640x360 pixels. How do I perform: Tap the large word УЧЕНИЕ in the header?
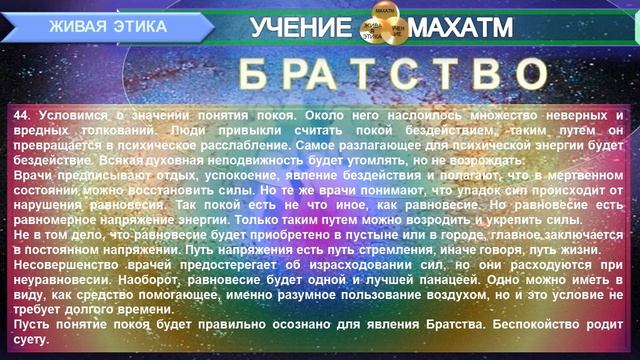point(298,27)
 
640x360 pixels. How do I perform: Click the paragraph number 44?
point(23,115)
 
